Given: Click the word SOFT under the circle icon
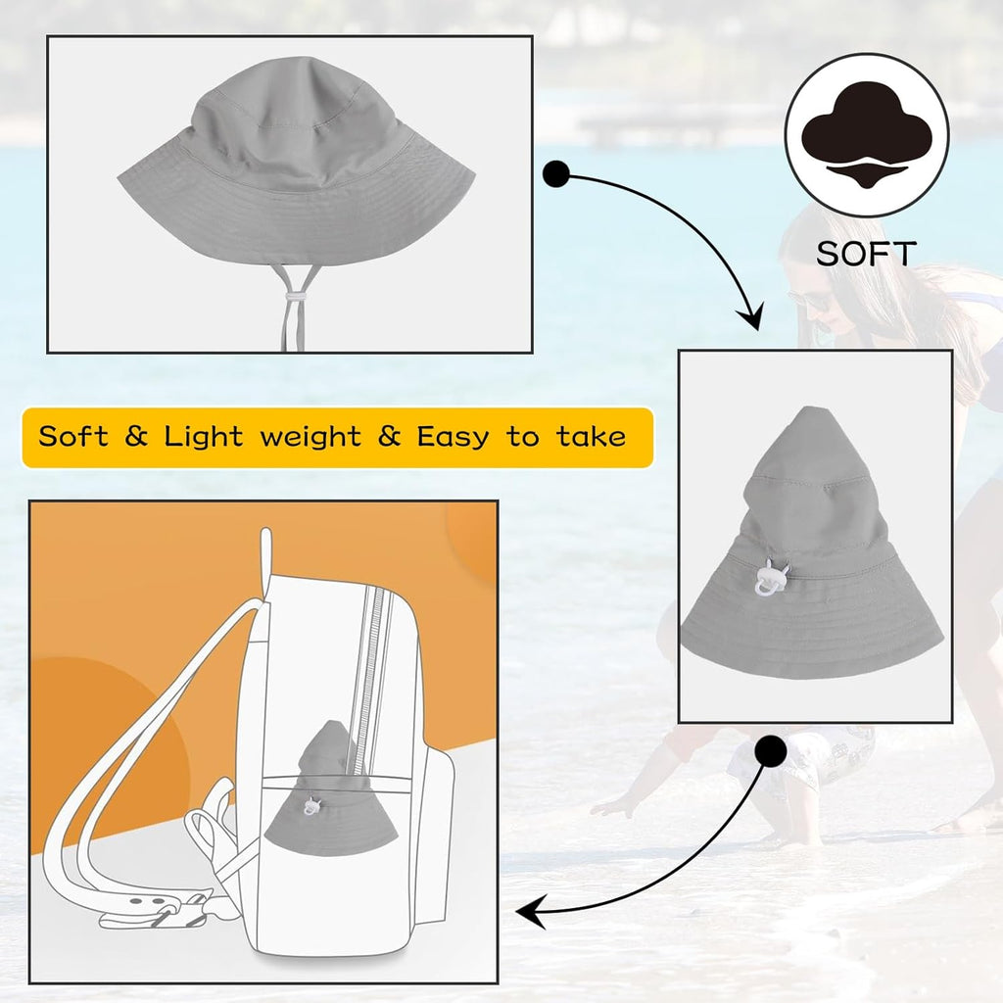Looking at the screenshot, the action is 866,254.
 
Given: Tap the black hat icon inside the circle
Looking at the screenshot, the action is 867,135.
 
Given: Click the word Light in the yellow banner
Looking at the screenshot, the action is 204,438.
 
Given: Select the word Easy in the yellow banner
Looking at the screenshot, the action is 453,438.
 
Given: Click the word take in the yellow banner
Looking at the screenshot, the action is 591,438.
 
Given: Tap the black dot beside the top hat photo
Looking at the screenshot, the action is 556,174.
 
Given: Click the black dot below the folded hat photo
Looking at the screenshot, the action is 770,751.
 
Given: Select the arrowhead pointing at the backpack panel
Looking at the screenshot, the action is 530,911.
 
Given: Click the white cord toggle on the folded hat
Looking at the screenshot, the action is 772,578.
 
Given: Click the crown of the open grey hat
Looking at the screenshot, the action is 296,116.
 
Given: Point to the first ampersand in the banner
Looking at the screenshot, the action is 136,436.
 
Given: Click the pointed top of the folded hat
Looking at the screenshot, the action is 811,409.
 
